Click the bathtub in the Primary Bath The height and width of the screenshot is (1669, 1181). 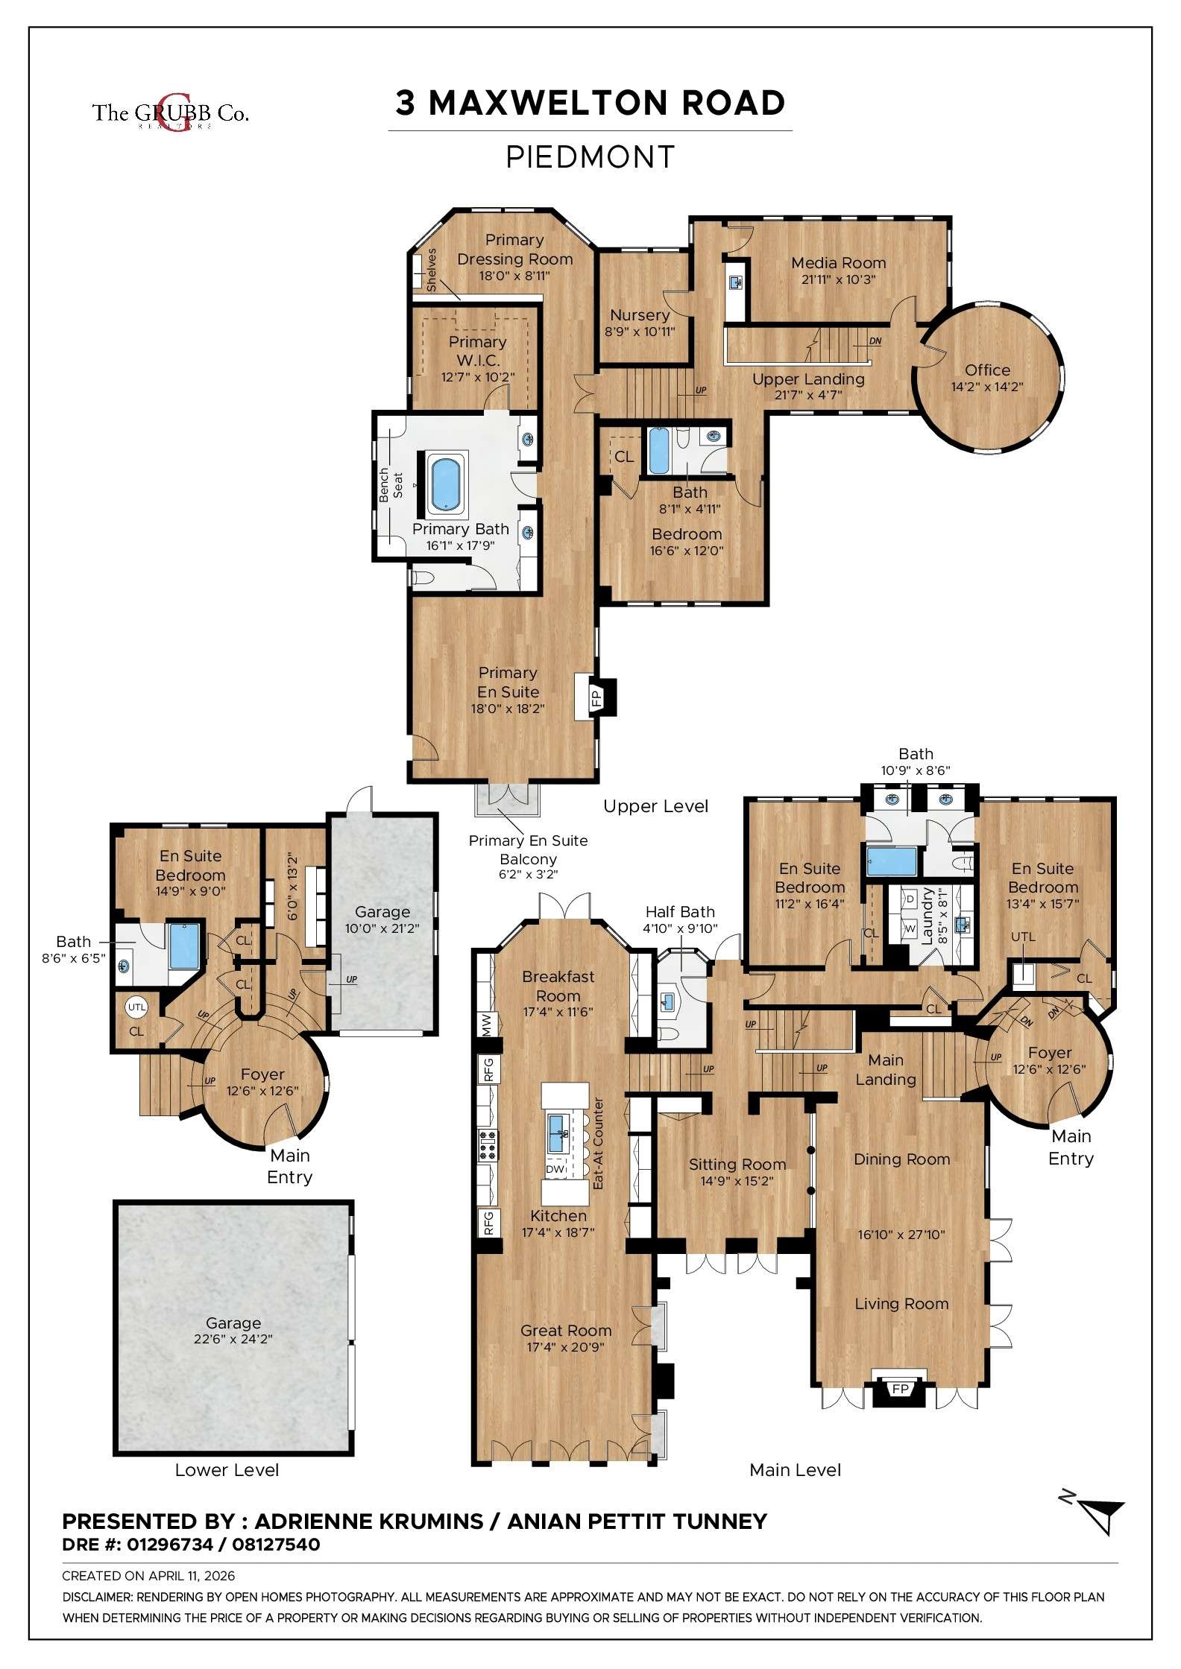click(445, 484)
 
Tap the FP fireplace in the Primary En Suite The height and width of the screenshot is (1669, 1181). click(596, 699)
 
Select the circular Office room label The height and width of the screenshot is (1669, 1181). click(987, 370)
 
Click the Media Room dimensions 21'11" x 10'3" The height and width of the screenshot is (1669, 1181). click(838, 280)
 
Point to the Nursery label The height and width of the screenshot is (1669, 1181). click(639, 315)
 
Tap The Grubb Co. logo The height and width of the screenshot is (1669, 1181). click(170, 113)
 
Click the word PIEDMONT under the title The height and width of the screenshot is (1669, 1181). click(590, 157)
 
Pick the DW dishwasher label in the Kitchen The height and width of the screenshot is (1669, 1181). click(555, 1169)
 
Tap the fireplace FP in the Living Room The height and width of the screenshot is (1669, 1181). click(900, 1390)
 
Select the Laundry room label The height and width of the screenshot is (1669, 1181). click(928, 916)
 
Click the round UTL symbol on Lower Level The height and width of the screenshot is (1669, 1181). click(136, 1007)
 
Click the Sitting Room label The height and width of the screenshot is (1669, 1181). click(737, 1165)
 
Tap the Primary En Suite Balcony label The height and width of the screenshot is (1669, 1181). click(528, 849)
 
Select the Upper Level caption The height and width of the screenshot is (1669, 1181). click(655, 806)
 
